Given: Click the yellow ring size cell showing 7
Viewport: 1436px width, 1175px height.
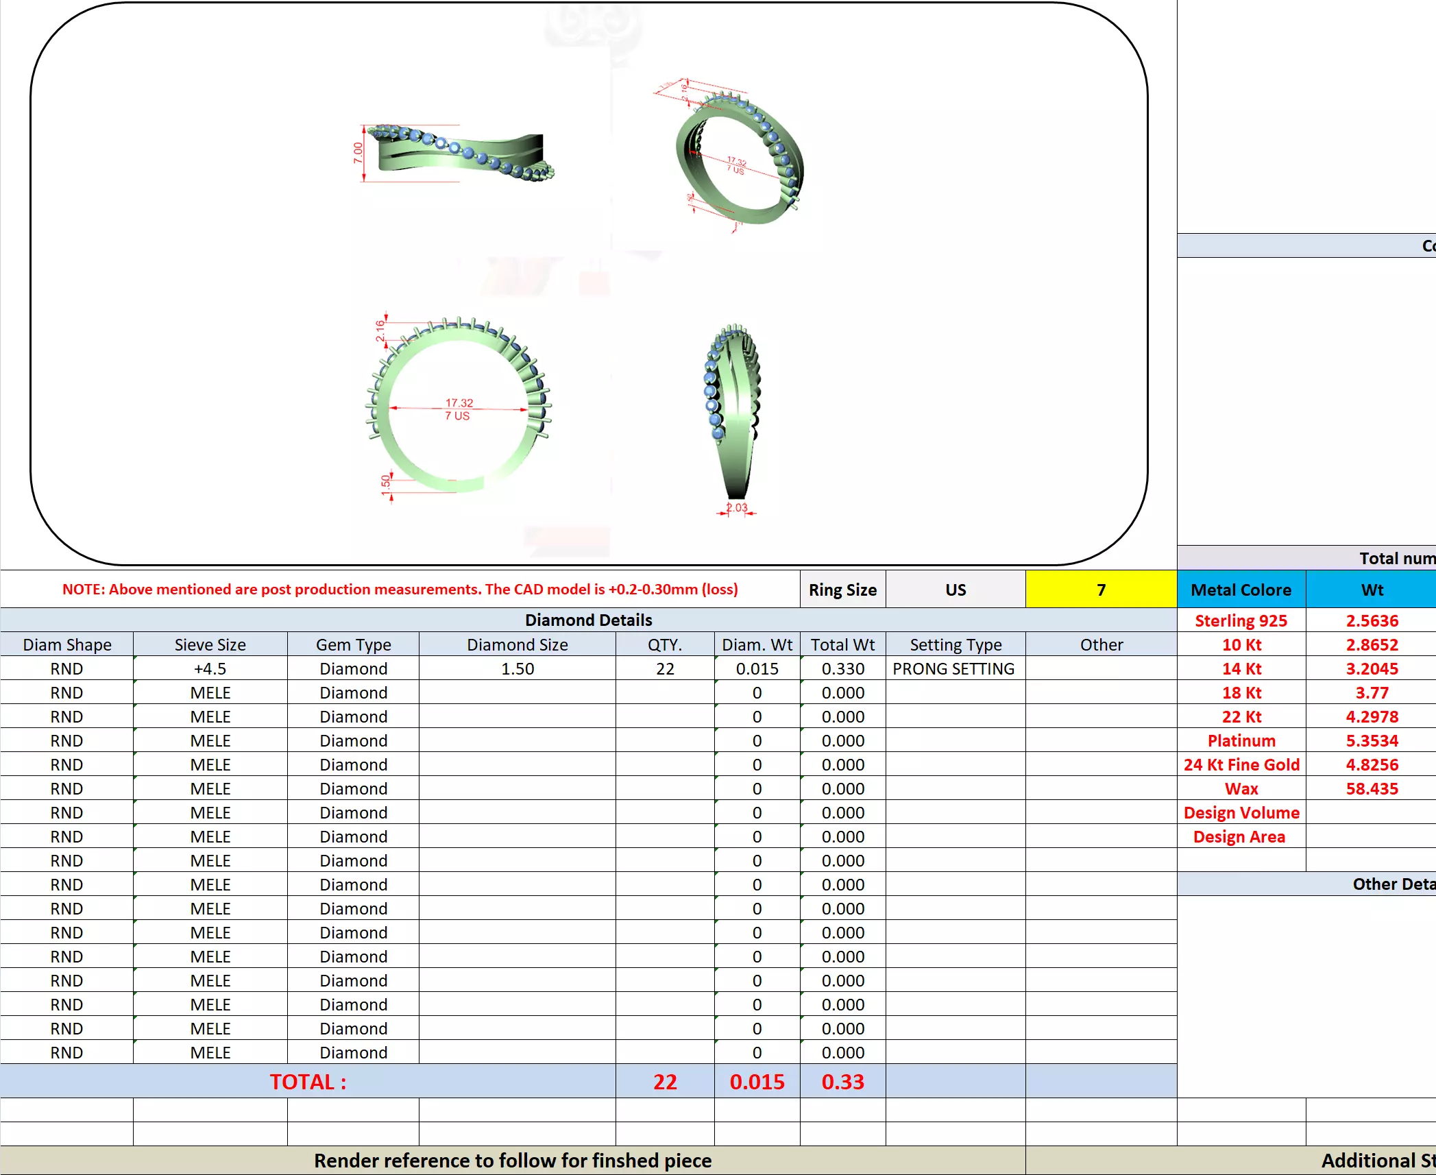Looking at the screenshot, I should (x=1101, y=590).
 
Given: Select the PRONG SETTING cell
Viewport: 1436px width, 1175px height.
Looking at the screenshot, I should (x=953, y=669).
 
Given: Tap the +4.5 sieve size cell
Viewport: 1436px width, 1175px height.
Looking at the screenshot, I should (x=210, y=669).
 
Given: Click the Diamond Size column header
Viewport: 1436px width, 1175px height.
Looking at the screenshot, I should (x=517, y=645).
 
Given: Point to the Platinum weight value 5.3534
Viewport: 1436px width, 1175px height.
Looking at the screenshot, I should (x=1372, y=741).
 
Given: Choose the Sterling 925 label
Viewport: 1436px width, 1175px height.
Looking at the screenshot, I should (x=1241, y=621).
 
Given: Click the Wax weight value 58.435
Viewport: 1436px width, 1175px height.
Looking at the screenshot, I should (x=1372, y=789).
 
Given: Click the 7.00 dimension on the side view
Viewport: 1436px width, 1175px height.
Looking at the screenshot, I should (x=358, y=153).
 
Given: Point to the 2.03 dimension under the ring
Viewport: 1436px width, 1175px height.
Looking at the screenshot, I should (x=738, y=508).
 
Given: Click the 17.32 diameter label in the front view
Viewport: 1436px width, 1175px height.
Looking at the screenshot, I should (x=459, y=403).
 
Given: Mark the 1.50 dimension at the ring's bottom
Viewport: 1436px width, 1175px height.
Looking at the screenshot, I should (x=386, y=482).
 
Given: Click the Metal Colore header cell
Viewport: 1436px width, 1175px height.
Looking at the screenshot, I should (x=1241, y=590).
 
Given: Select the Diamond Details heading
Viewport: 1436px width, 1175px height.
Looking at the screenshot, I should (x=588, y=620).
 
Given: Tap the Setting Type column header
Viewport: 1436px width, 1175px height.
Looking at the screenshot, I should (x=956, y=645).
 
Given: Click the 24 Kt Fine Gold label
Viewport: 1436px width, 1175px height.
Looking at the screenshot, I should (x=1241, y=765).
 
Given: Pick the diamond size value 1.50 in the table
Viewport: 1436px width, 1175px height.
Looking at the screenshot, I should (x=517, y=669).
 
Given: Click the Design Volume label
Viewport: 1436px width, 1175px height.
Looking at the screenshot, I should (x=1241, y=813).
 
